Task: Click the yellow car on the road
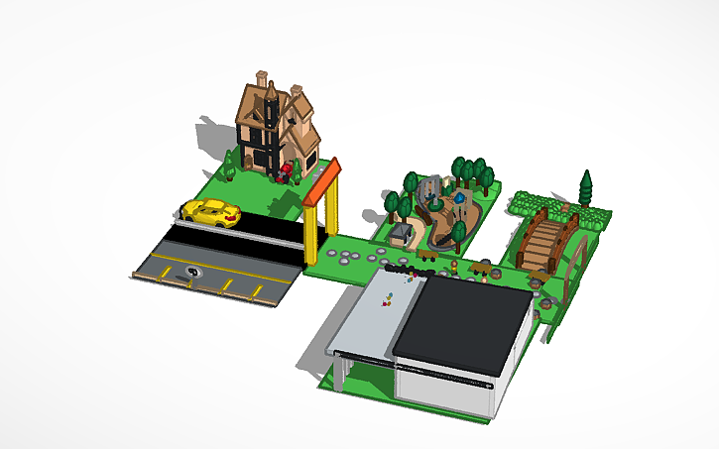(x=211, y=212)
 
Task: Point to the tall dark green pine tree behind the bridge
(x=586, y=188)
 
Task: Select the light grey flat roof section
(x=372, y=317)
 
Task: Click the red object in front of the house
(x=287, y=172)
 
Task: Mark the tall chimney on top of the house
(x=261, y=81)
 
